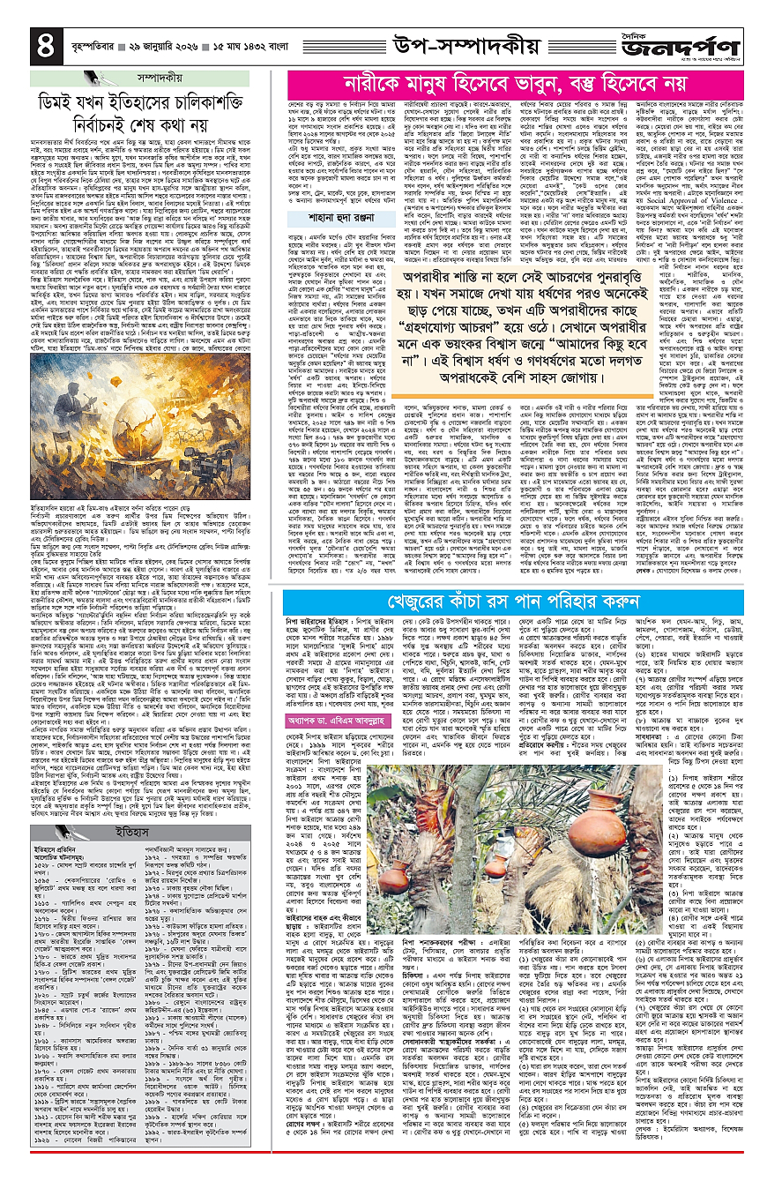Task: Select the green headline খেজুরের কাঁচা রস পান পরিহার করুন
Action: tap(512, 652)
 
